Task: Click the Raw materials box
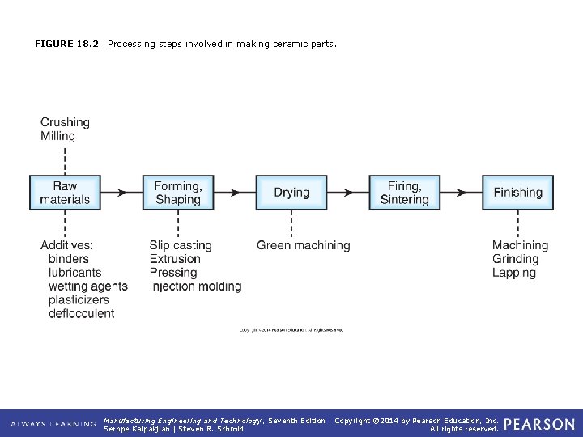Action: point(65,193)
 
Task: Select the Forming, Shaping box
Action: point(178,193)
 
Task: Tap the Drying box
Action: point(291,193)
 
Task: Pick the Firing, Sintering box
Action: point(404,193)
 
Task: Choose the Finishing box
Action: point(517,193)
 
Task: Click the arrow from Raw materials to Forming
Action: point(121,193)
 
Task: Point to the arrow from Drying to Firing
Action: point(348,193)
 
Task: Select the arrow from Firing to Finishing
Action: point(461,193)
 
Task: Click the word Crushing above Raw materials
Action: point(65,122)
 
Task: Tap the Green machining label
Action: point(304,245)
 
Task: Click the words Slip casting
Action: point(181,245)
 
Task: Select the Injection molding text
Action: point(195,286)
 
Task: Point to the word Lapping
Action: point(514,273)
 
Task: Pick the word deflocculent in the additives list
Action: point(82,313)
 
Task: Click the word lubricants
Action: point(75,273)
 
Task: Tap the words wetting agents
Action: point(88,286)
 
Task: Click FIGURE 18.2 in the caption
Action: point(66,44)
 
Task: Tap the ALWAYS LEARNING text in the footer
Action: point(53,424)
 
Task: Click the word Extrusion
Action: point(175,259)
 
